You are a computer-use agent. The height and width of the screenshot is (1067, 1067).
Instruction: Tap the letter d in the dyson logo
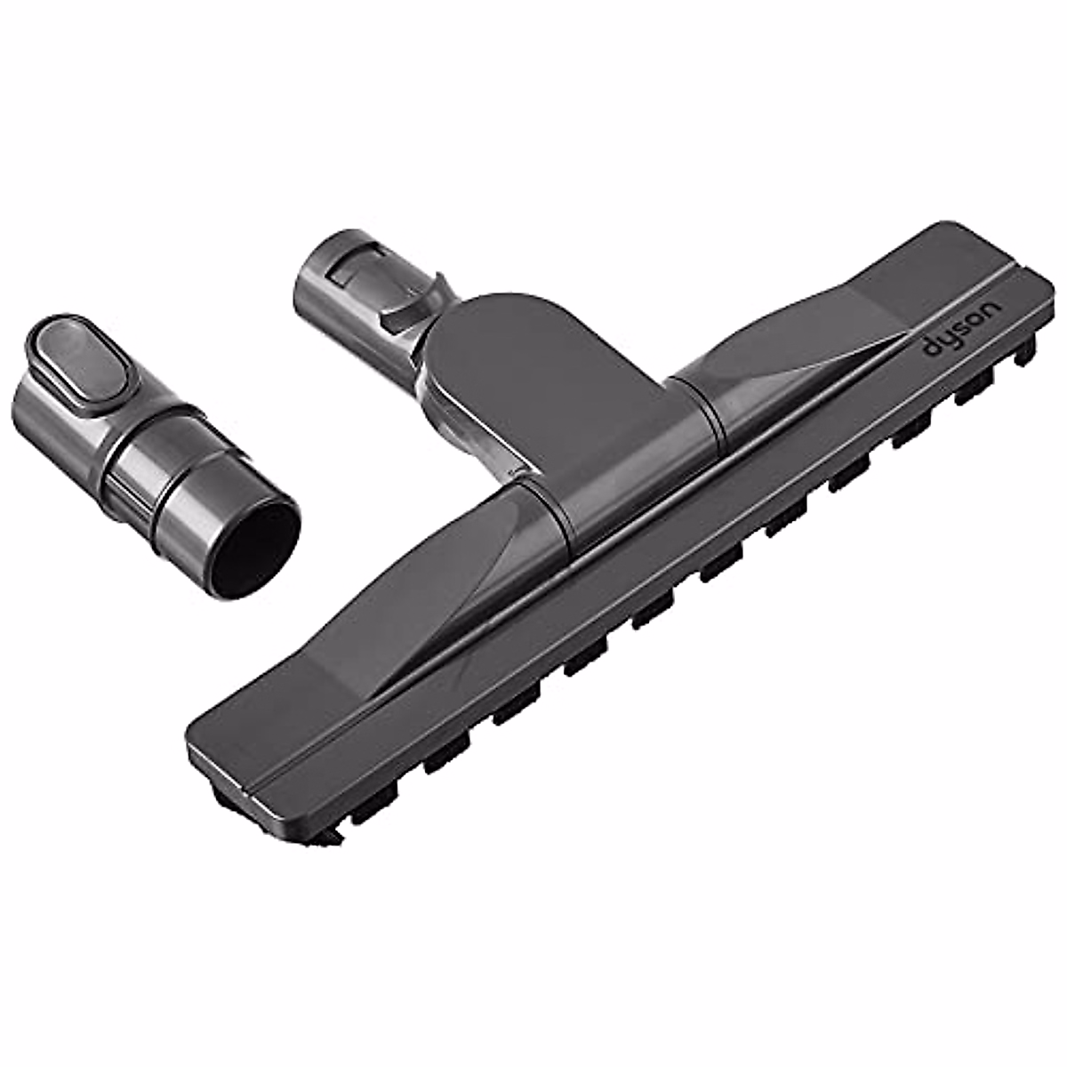click(930, 349)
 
